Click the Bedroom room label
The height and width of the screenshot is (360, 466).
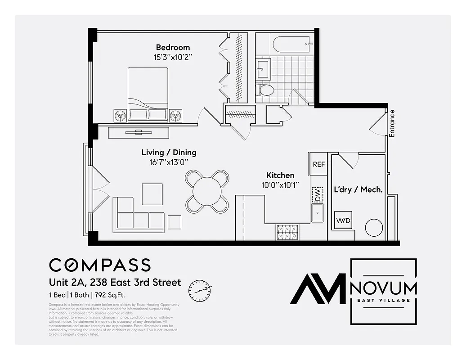point(173,47)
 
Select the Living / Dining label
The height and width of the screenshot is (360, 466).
point(169,153)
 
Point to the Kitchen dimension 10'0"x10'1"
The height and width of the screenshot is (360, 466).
point(280,185)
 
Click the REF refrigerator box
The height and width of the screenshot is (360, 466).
point(318,164)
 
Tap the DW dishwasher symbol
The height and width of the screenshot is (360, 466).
point(318,195)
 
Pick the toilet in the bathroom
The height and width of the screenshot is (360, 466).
point(266,90)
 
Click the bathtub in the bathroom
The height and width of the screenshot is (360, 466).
point(293,45)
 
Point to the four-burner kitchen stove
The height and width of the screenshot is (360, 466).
point(287,232)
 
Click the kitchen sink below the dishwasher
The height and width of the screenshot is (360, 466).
point(318,213)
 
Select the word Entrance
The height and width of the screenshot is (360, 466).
point(392,123)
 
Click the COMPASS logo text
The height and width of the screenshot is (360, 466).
point(100,265)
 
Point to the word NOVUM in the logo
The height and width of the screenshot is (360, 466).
point(384,288)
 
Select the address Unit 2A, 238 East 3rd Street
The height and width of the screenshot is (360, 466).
point(115,283)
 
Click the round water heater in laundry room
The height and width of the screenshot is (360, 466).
point(374,227)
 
